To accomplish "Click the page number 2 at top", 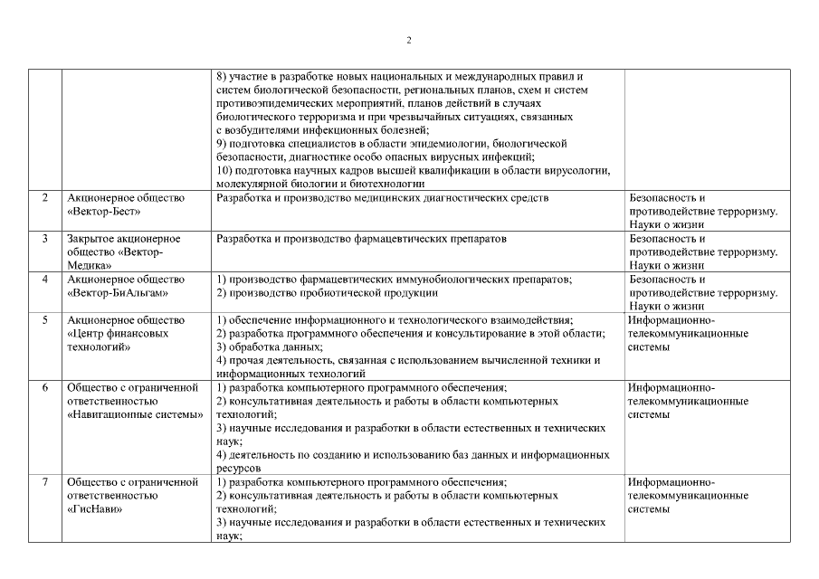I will click(409, 41).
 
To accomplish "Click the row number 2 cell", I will click(44, 197).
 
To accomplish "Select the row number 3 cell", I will click(44, 238).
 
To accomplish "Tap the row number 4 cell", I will click(44, 280).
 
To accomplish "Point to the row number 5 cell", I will click(44, 320).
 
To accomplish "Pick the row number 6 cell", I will click(44, 387).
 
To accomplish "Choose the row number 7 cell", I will click(44, 482).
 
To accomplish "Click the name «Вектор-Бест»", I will click(101, 211).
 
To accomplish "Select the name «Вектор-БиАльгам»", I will click(117, 293).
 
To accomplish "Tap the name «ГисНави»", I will click(95, 509).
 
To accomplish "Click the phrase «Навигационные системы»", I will click(134, 414).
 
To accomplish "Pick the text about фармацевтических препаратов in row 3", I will click(362, 238).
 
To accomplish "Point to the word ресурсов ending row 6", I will click(240, 469).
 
